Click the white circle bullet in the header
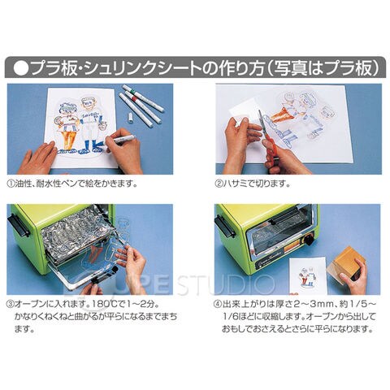[x=21, y=68]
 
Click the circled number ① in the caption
[x=11, y=184]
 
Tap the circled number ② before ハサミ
[x=219, y=184]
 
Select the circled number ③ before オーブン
[x=10, y=304]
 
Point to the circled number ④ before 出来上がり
[x=218, y=304]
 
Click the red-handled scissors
[x=268, y=138]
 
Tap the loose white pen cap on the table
[x=130, y=118]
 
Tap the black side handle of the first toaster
[x=19, y=225]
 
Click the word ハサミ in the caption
[x=235, y=184]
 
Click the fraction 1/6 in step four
[x=231, y=316]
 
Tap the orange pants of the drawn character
[x=67, y=137]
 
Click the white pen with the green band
[x=143, y=98]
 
